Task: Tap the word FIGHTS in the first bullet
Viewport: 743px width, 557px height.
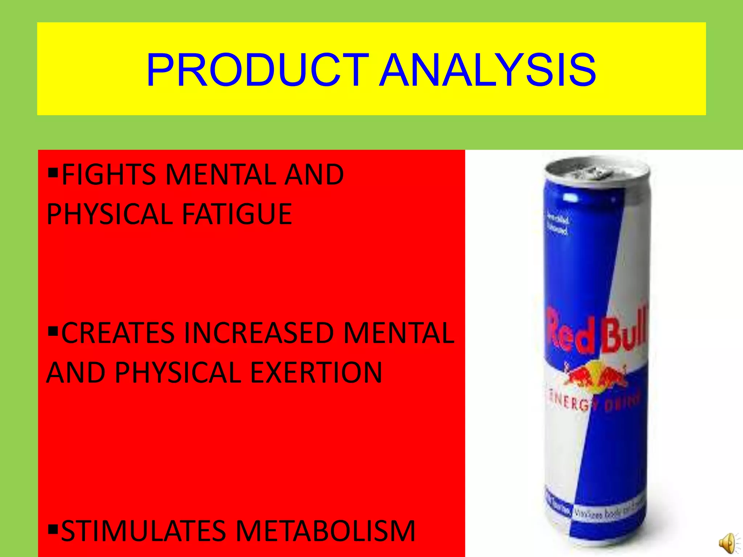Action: (x=109, y=175)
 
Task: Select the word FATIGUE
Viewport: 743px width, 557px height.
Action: (x=237, y=214)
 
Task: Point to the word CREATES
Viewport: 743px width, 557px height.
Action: (x=118, y=333)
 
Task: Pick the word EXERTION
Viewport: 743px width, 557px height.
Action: (x=316, y=372)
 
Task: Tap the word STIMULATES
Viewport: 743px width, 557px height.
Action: (x=144, y=531)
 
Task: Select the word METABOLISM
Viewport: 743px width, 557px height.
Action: (x=325, y=531)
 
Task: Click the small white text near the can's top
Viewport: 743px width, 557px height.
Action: (x=558, y=225)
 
